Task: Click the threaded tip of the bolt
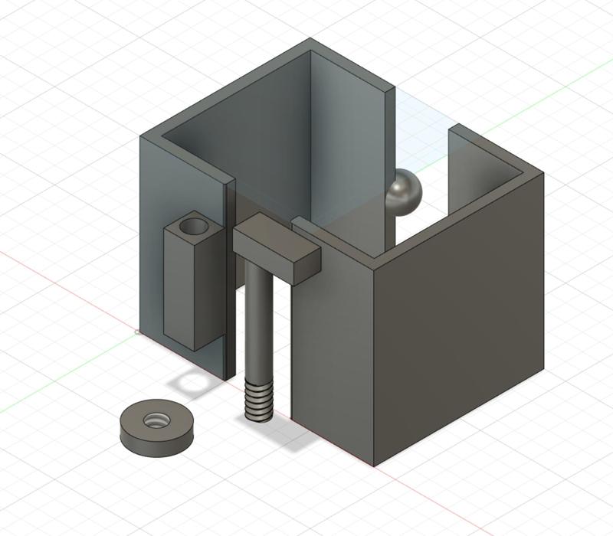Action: click(258, 401)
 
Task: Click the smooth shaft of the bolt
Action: click(258, 322)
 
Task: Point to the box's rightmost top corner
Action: click(543, 174)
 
